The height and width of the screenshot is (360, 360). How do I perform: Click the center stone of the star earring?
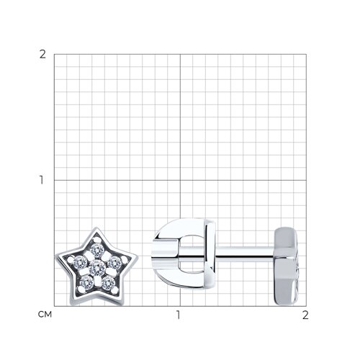(97, 269)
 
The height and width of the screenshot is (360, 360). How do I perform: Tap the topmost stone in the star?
(97, 251)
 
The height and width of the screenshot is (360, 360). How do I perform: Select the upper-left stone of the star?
(81, 263)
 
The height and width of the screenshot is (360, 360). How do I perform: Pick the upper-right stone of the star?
(114, 263)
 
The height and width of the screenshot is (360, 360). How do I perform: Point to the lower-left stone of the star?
(87, 283)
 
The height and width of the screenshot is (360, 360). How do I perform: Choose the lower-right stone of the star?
(108, 283)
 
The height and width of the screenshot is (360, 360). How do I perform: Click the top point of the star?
(96, 228)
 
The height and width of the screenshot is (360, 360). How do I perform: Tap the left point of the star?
(56, 258)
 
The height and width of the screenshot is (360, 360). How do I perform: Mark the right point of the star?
(138, 258)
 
